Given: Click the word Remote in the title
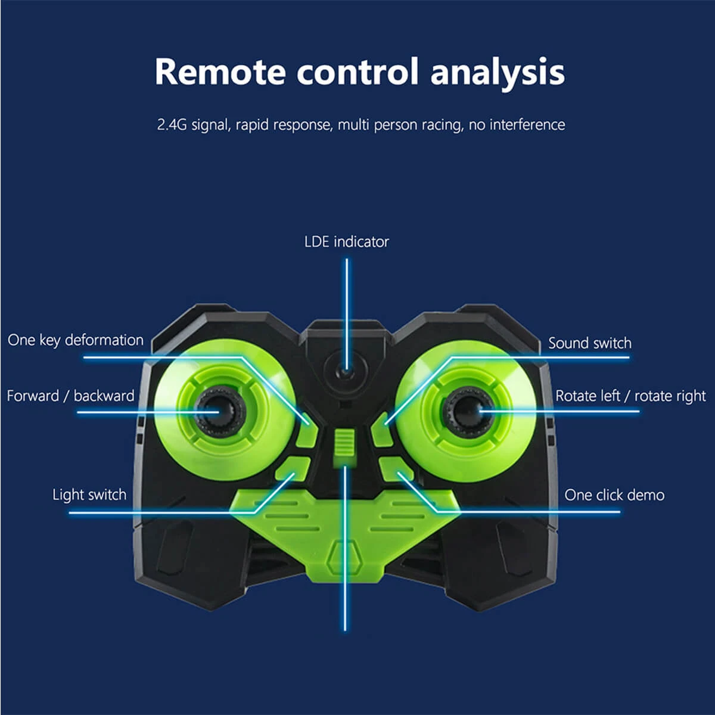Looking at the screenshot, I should click(220, 72).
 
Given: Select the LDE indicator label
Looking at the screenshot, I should click(346, 242).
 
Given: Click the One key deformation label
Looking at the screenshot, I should click(76, 340).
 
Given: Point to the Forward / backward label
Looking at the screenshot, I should click(70, 396).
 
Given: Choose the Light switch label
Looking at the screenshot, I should click(89, 495).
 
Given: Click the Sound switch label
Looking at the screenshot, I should click(589, 343).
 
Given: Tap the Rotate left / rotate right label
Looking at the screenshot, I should click(630, 396).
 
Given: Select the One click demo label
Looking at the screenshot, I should click(614, 495).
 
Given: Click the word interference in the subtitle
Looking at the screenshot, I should click(527, 125).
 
